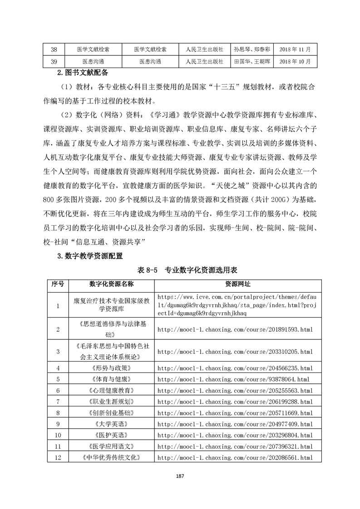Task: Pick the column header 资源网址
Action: point(238,284)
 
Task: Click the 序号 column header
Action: point(58,284)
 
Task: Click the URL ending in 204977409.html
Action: point(235,424)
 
